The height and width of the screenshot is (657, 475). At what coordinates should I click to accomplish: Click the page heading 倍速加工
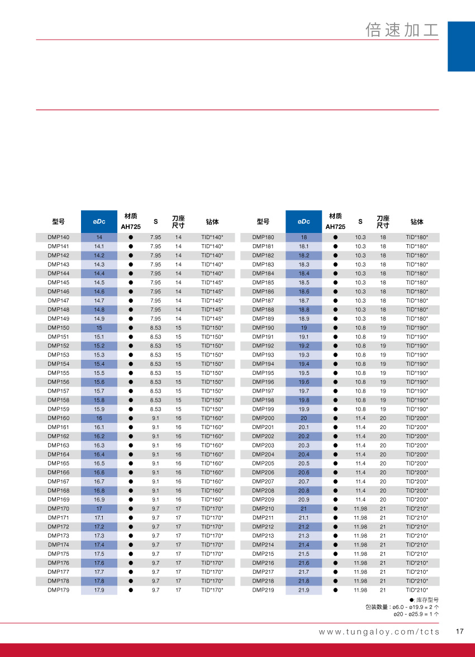402,30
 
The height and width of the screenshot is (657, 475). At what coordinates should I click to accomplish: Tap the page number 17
460,632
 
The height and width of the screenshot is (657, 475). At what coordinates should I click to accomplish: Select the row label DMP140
59,237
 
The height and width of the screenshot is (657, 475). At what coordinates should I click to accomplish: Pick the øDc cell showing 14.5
99,283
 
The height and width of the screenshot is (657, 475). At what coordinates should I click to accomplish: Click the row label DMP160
59,418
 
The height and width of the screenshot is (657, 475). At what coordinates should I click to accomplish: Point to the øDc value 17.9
99,590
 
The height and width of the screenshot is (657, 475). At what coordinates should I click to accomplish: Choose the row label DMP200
263,418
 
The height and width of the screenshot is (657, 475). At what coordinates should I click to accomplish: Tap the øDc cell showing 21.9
304,590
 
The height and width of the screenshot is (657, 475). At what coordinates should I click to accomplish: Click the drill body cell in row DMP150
212,328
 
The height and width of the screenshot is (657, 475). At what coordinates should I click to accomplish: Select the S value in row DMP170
155,508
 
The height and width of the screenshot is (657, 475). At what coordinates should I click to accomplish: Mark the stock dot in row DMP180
335,237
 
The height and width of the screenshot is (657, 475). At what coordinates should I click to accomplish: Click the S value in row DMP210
360,508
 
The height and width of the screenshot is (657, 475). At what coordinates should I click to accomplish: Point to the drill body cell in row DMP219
417,590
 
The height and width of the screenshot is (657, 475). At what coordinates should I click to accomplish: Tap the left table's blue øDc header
99,222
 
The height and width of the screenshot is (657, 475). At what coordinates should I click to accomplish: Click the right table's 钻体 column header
417,222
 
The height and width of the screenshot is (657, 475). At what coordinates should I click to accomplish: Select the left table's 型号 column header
59,222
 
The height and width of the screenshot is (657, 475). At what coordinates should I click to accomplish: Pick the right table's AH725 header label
335,227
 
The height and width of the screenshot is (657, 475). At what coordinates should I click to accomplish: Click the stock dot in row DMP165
131,463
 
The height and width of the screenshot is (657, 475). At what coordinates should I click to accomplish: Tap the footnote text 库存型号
427,599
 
